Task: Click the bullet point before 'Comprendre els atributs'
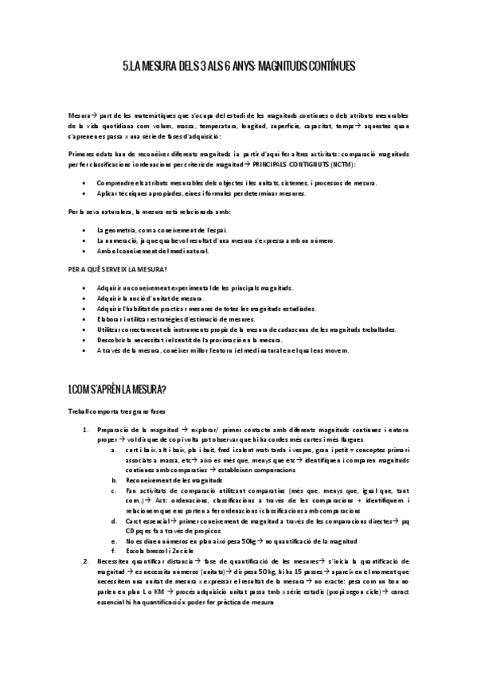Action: (85, 183)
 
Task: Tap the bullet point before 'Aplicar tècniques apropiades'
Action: (85, 193)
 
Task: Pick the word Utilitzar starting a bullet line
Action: (109, 328)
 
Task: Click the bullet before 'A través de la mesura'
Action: (85, 349)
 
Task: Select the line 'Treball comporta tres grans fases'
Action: (116, 411)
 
